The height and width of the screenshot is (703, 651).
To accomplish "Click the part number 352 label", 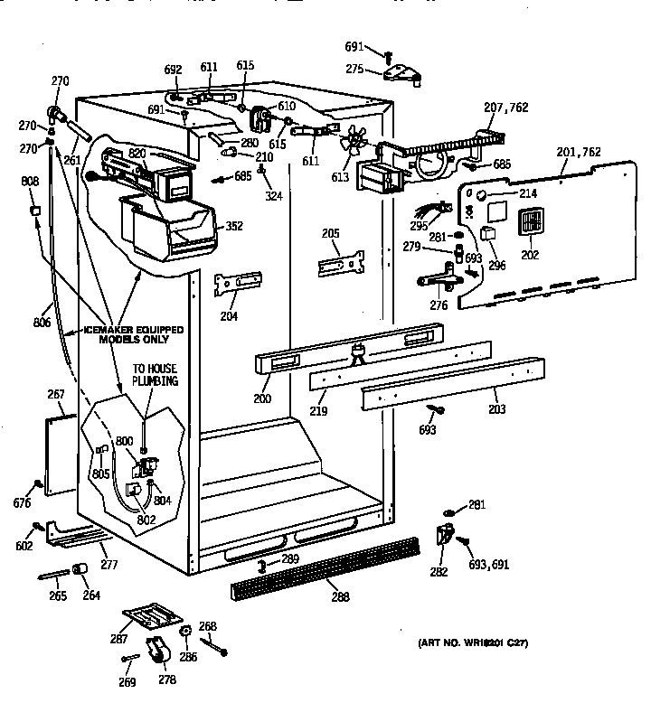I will click(234, 226).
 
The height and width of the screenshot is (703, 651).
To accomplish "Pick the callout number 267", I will click(55, 394).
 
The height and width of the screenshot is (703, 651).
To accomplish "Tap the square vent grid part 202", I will click(528, 222).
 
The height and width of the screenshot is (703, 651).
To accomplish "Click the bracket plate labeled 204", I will click(237, 284).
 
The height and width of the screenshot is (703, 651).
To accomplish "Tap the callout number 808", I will click(30, 182).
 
